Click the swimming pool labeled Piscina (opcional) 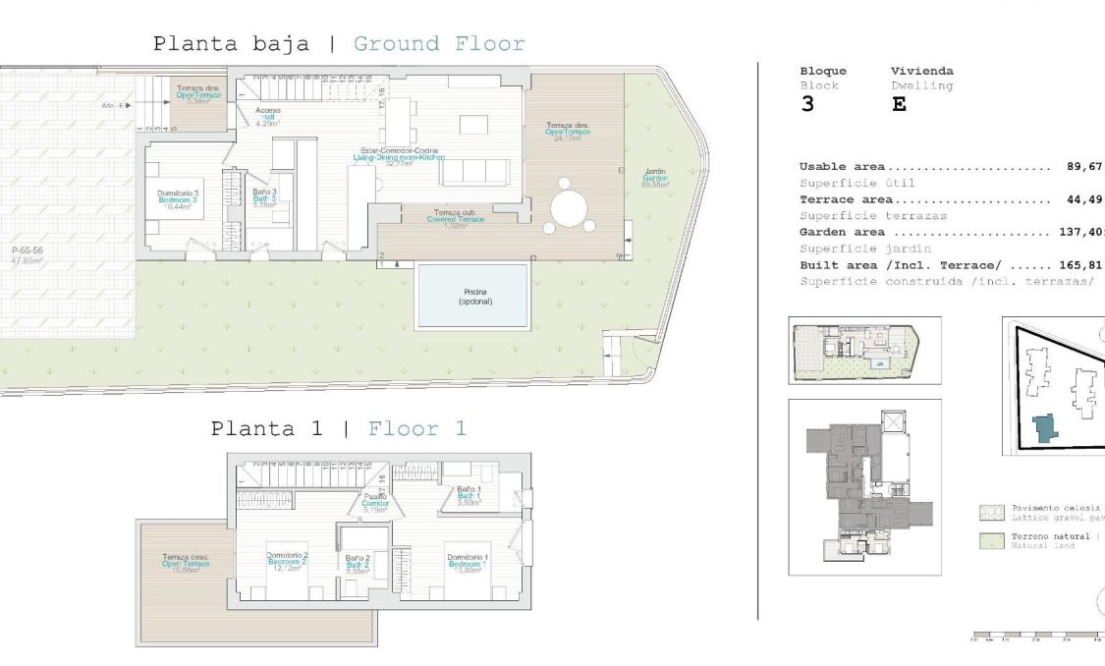(x=472, y=296)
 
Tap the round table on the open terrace (x=569, y=208)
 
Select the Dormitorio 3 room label (x=178, y=199)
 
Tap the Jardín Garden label (x=655, y=177)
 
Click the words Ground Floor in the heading (x=438, y=44)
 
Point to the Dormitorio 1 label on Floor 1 (x=468, y=561)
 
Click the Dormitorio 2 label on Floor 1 (x=288, y=561)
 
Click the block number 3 (x=807, y=105)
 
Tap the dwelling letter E (x=899, y=105)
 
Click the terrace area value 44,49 (x=1085, y=199)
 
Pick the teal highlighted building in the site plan (x=1044, y=427)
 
